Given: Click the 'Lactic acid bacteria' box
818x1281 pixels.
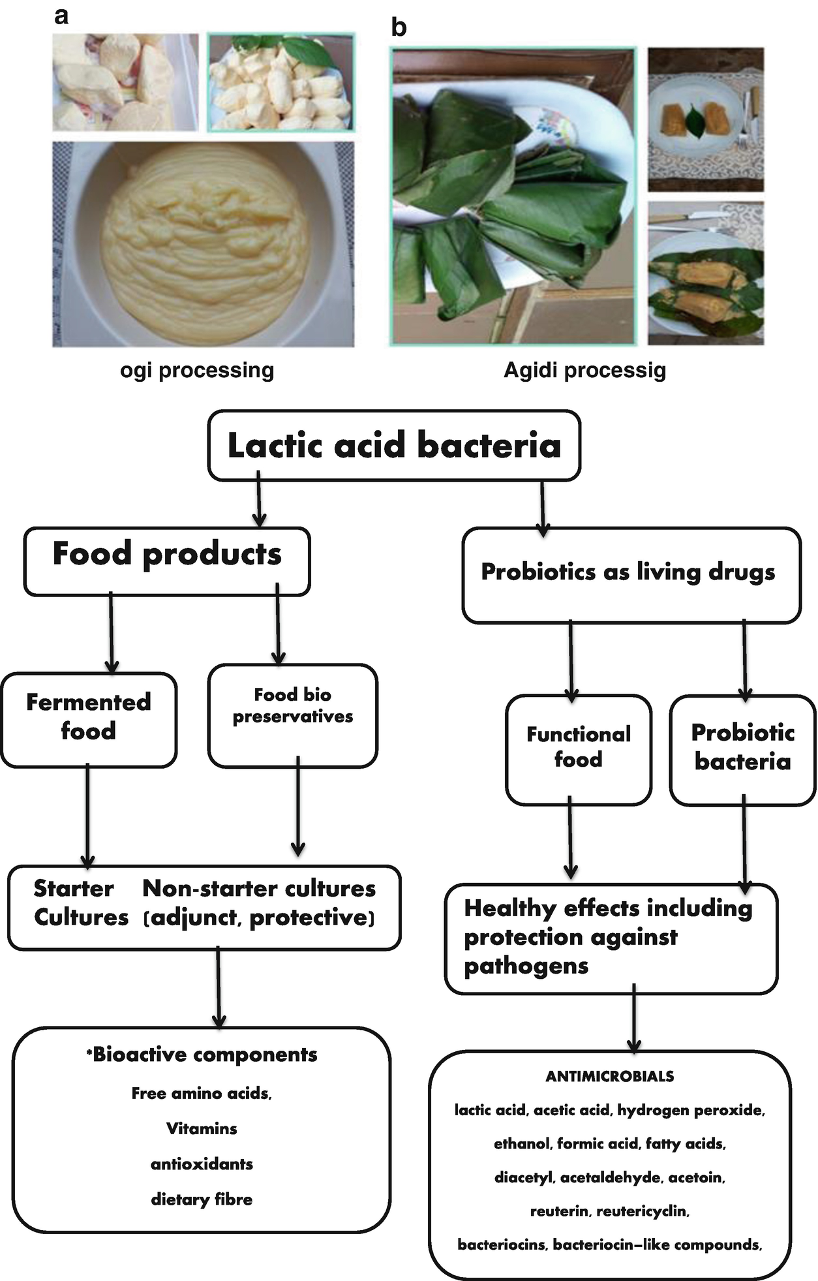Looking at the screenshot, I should (x=393, y=446).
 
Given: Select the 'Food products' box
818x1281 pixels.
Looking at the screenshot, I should (x=167, y=561).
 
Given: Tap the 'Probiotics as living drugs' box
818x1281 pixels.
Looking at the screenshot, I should (x=630, y=574).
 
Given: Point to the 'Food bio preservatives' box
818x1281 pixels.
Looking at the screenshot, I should (x=293, y=715).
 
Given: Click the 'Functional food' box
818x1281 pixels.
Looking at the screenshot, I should (x=579, y=749).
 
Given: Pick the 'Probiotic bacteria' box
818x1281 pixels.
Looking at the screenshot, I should (x=742, y=749).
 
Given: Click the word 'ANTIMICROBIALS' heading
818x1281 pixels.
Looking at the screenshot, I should (x=609, y=1076).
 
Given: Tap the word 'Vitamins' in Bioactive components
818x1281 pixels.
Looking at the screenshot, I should (x=202, y=1128).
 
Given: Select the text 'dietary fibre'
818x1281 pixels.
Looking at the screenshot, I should (x=202, y=1199).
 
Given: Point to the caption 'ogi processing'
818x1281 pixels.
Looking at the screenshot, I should (x=197, y=371).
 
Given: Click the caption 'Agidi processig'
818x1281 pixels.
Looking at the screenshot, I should (x=584, y=371).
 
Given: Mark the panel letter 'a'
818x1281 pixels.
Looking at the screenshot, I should (x=61, y=16).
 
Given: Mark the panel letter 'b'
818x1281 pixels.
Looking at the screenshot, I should (x=398, y=27).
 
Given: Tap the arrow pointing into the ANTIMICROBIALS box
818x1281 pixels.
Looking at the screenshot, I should (x=633, y=1018).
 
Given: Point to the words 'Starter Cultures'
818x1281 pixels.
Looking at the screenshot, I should (x=80, y=903).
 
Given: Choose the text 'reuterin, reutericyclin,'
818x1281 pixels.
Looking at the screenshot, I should (x=609, y=1211).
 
